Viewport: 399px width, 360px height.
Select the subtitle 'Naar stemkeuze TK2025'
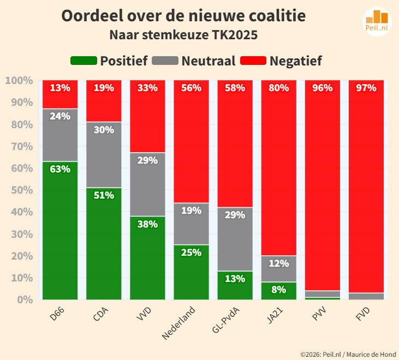click(183, 35)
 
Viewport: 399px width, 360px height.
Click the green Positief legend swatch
click(84, 61)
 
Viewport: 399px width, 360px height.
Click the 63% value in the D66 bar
click(60, 169)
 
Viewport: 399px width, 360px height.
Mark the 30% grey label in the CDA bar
click(104, 130)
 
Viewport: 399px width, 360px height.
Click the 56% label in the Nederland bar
click(191, 88)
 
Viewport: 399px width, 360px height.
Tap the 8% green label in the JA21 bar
click(278, 290)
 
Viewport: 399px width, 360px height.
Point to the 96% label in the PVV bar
click(322, 88)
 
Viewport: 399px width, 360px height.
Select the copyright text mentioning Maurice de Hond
click(347, 354)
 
